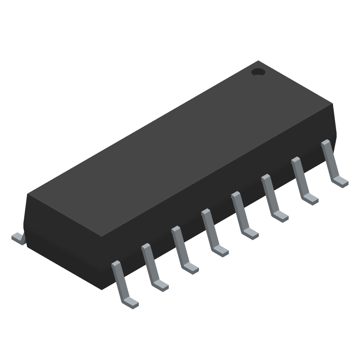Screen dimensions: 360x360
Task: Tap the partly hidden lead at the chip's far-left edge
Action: (x=17, y=238)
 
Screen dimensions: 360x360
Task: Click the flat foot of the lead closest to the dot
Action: (x=341, y=181)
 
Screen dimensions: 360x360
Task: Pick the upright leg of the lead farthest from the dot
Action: (x=119, y=279)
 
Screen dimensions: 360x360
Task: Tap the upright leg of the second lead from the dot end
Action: (x=300, y=175)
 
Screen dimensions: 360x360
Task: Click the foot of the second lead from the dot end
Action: (x=310, y=198)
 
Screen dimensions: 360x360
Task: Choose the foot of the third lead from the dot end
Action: (x=280, y=216)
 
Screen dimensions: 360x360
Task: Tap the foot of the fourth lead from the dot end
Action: (x=250, y=233)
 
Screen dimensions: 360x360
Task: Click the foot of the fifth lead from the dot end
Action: (x=220, y=250)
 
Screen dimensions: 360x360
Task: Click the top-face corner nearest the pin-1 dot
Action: (x=258, y=61)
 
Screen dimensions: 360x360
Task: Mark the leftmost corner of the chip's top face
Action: (x=28, y=194)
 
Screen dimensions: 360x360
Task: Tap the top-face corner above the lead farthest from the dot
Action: (x=103, y=236)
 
